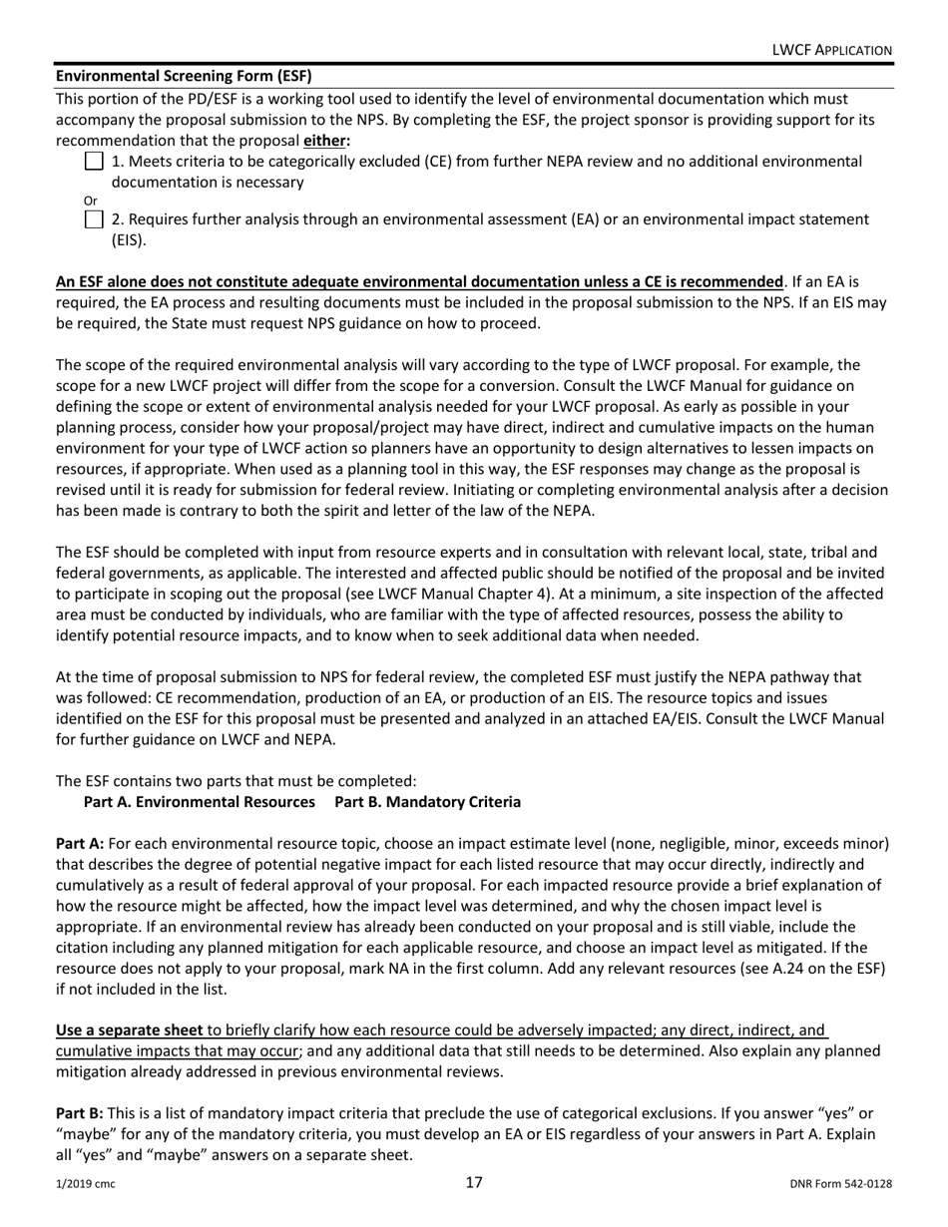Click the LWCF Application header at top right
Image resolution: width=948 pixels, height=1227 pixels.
(x=832, y=50)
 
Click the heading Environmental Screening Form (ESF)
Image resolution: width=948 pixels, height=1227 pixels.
(x=184, y=76)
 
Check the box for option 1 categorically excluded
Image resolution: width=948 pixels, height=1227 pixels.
(x=93, y=162)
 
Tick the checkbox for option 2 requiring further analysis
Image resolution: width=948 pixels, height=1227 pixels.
(x=93, y=219)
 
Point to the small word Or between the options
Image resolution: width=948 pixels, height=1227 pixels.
(x=62, y=201)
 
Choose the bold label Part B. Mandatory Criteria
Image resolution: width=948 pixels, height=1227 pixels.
(x=427, y=802)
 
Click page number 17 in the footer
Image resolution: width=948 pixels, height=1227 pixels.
(x=474, y=1183)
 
